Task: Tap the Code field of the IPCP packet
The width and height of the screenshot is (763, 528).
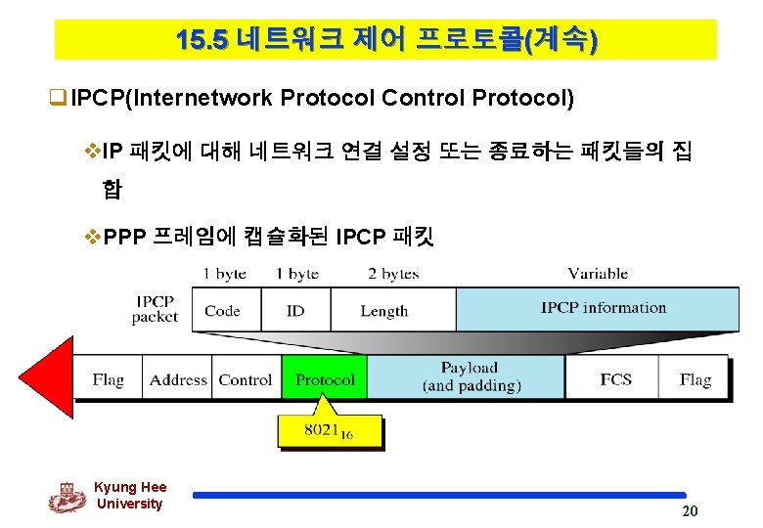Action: point(222,310)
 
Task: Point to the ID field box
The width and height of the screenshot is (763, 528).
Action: point(295,310)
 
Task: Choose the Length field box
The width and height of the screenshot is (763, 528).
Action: point(383,310)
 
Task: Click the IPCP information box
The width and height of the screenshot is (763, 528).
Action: point(603,308)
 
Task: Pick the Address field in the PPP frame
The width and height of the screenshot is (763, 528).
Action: point(178,379)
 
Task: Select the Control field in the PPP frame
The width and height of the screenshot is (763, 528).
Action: point(246,379)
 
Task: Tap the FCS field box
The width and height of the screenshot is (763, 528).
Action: point(615,379)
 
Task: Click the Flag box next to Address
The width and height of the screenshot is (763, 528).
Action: point(109,379)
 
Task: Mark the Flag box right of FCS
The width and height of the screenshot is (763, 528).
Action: point(696,379)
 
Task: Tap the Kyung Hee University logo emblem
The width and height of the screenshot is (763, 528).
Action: point(67,497)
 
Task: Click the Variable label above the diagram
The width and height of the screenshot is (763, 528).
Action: point(598,274)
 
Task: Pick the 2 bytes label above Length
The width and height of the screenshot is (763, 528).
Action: point(393,274)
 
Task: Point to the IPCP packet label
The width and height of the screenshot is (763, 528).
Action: point(155,309)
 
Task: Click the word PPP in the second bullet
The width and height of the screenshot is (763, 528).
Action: point(123,237)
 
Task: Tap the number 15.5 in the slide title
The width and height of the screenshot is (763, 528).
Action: point(202,40)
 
